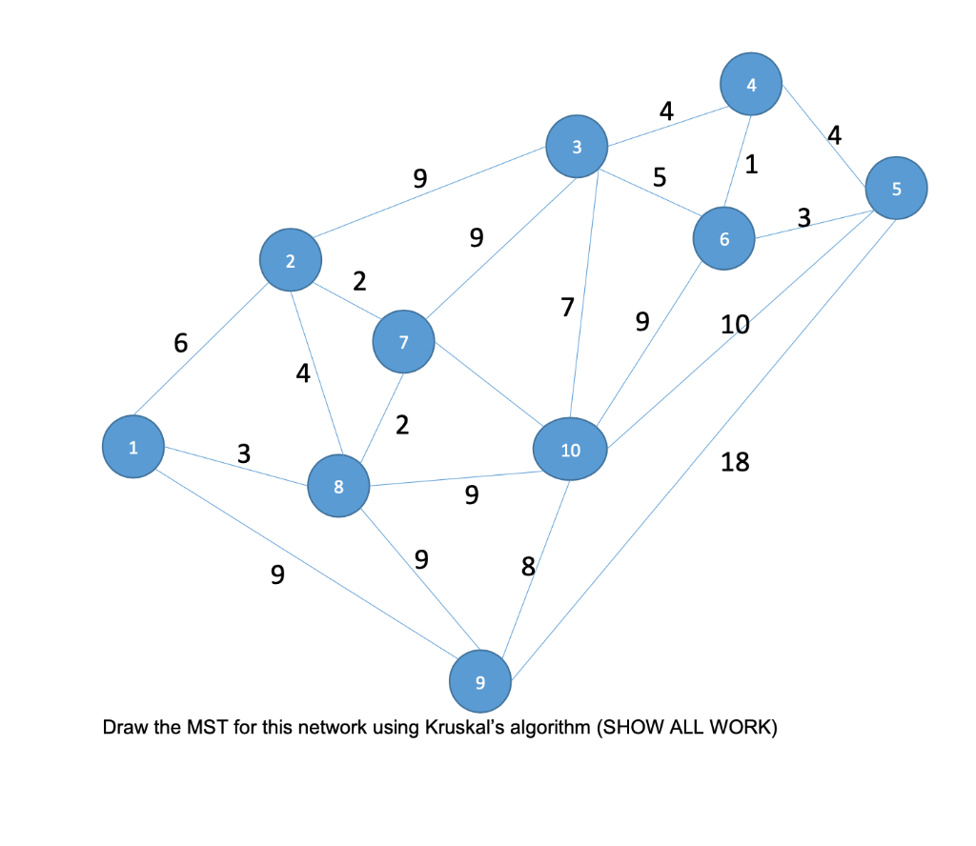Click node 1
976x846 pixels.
coord(133,448)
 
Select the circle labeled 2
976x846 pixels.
coord(290,260)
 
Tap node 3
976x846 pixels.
coord(576,147)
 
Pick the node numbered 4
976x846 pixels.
coord(751,85)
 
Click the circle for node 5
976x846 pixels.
coord(895,189)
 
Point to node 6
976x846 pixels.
coord(724,238)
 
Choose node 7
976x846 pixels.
coord(403,342)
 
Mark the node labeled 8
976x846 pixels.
coord(337,487)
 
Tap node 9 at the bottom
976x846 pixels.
coord(479,682)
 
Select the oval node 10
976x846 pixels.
coord(570,450)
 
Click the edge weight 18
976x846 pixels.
coord(735,463)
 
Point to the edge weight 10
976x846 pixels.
coord(735,325)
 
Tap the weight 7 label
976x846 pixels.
coord(567,307)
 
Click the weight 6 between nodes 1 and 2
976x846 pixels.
coord(180,344)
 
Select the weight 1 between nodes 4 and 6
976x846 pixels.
coord(751,164)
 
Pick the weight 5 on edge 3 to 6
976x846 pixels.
coord(659,177)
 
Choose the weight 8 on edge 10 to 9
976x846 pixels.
coord(528,567)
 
